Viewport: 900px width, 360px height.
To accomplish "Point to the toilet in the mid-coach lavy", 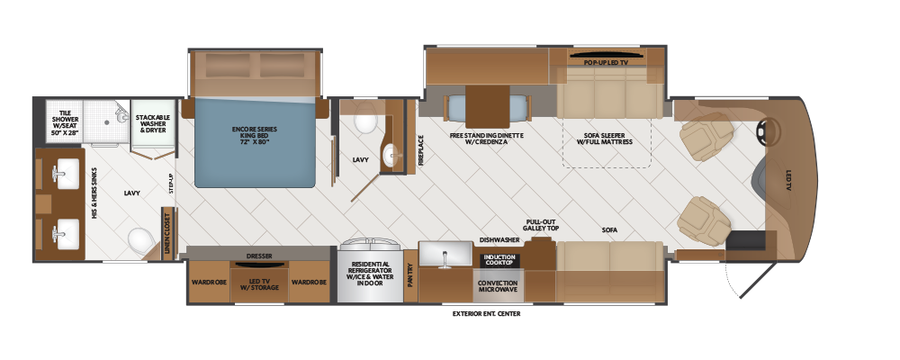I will [365, 119].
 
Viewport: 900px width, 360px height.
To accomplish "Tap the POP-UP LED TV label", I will [605, 63].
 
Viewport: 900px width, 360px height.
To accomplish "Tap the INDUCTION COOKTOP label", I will [499, 260].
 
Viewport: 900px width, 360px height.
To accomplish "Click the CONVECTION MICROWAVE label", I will [498, 286].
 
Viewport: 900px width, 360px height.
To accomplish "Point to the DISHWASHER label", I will [498, 240].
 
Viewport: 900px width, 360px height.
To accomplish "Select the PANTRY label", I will [411, 273].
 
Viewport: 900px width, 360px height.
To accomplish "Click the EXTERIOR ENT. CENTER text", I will [487, 314].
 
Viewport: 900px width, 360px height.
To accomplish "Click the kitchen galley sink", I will [444, 256].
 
